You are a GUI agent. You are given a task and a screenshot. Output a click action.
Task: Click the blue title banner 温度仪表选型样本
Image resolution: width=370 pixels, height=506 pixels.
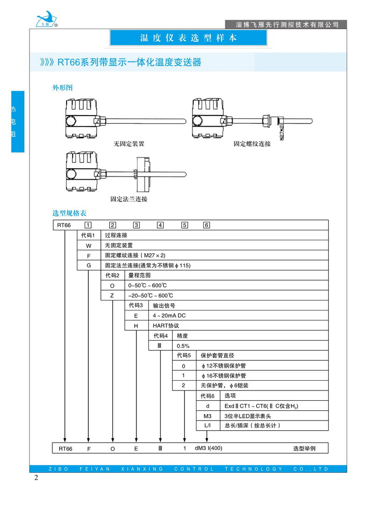click(x=188, y=38)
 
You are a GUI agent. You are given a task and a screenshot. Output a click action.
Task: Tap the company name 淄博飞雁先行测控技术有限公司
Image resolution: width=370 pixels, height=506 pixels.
click(x=284, y=24)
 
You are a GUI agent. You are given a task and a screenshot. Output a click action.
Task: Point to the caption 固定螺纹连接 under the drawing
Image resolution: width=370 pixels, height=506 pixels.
click(x=252, y=144)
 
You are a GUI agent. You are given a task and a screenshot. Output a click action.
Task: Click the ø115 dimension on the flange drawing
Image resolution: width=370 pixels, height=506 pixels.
click(x=135, y=175)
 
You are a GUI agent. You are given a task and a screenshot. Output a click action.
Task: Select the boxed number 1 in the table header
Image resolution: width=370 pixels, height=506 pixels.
click(x=88, y=225)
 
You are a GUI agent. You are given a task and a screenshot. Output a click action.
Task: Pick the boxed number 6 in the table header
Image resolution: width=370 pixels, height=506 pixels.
click(x=207, y=225)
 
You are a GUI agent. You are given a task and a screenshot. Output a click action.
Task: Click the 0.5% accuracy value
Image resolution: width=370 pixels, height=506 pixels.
click(x=183, y=345)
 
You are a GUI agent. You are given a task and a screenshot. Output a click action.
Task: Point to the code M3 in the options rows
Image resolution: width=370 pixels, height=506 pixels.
click(x=208, y=415)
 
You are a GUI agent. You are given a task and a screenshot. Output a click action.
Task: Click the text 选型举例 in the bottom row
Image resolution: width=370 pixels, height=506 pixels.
click(x=304, y=449)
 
